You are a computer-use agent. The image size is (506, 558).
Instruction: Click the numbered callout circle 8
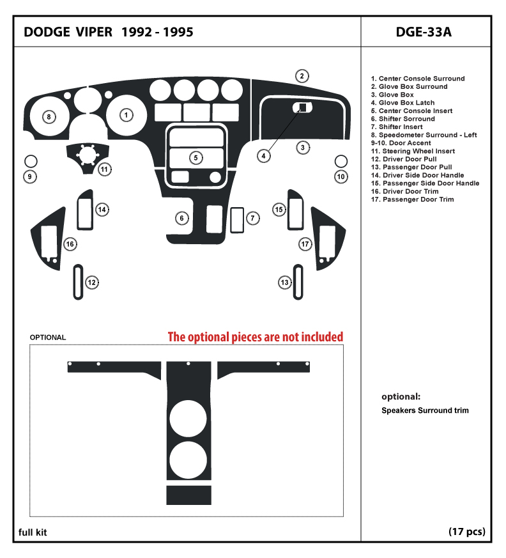point(49,117)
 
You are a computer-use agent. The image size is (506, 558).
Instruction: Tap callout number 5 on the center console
point(196,158)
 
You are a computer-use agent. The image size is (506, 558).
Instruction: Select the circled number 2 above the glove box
point(302,76)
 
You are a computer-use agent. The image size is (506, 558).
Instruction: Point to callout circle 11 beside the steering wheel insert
point(105,169)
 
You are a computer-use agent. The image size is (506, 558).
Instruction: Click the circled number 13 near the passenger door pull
point(285,283)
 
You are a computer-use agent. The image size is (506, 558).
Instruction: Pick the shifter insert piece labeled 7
point(237,221)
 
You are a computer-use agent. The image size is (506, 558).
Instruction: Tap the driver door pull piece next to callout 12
point(78,283)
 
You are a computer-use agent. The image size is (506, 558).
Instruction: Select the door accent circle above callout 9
point(31,161)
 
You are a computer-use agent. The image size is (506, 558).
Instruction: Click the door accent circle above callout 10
point(341,161)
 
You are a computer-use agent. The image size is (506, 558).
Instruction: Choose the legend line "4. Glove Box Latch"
point(402,103)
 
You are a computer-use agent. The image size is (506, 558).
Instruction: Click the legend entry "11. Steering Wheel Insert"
point(413,151)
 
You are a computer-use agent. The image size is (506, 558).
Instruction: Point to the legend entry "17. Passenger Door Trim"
point(412,199)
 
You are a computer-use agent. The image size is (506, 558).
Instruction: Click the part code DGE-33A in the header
point(424,32)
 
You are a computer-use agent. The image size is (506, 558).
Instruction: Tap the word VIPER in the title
point(94,32)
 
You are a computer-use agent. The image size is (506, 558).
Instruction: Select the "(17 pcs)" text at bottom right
point(467,532)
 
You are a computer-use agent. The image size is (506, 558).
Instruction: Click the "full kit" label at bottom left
point(33,532)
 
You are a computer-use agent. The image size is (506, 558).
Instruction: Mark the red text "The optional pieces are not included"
point(256,337)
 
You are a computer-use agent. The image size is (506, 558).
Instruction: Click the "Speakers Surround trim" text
point(425,410)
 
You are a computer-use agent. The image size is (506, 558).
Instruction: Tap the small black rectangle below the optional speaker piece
point(189,495)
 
